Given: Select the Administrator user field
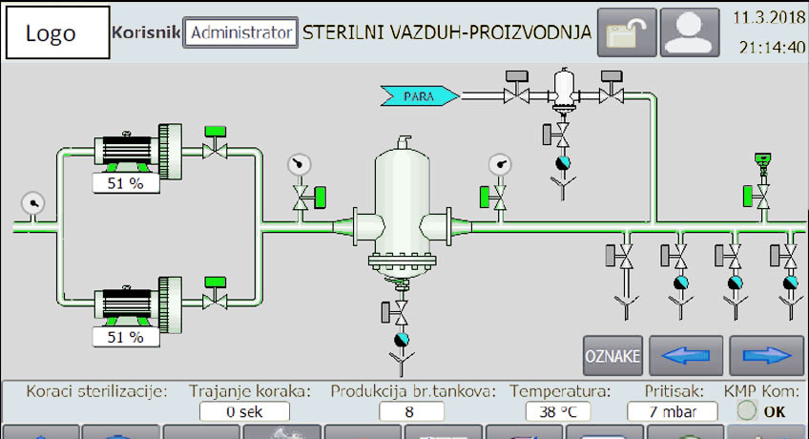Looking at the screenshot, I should pos(240,32).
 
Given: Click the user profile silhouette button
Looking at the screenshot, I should pos(690,32).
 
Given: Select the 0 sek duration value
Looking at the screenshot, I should pos(244,412).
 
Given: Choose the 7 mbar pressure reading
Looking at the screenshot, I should pos(673,412).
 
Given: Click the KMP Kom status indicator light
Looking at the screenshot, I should pos(748,411).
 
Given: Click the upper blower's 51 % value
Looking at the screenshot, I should pos(125,183).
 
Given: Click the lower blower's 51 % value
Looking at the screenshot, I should pos(125,337).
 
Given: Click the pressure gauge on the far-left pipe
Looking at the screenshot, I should pos(33,203).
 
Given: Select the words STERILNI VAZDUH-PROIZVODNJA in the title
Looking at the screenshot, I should pos(446,32).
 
